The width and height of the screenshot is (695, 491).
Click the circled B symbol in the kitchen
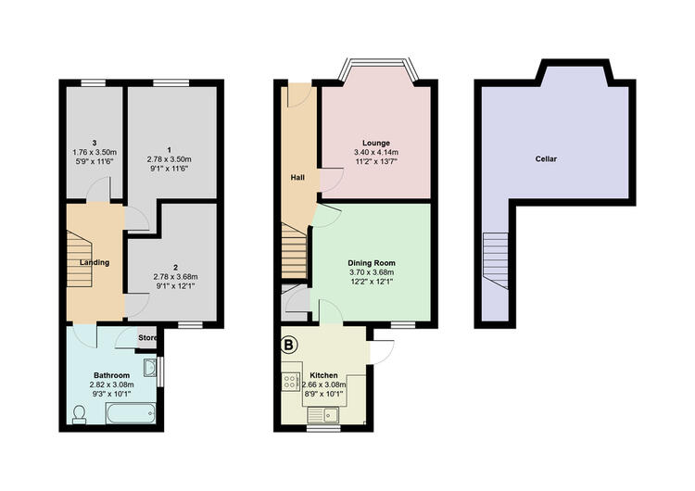[289, 345]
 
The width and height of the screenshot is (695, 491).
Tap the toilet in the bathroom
[80, 415]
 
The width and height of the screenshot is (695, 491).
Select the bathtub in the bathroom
[131, 412]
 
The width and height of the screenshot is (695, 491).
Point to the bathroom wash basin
[150, 368]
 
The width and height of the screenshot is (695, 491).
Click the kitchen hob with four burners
[291, 382]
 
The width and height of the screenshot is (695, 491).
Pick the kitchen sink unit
[323, 415]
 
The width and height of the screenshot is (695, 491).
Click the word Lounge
[376, 143]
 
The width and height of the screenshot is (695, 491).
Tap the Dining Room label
[372, 263]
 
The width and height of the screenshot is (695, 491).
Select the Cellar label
[546, 158]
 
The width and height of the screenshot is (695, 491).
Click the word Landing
[95, 262]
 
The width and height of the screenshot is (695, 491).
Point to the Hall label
[297, 177]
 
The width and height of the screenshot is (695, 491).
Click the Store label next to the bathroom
[147, 337]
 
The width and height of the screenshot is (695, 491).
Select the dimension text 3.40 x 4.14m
[376, 152]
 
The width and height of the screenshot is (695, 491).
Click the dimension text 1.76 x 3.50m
[95, 152]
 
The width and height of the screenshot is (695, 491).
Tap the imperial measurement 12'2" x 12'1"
[372, 282]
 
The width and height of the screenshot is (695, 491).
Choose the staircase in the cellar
[496, 260]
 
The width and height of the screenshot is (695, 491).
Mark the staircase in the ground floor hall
[295, 250]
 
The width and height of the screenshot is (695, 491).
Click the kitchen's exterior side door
[381, 352]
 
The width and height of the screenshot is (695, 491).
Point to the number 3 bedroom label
[95, 143]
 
